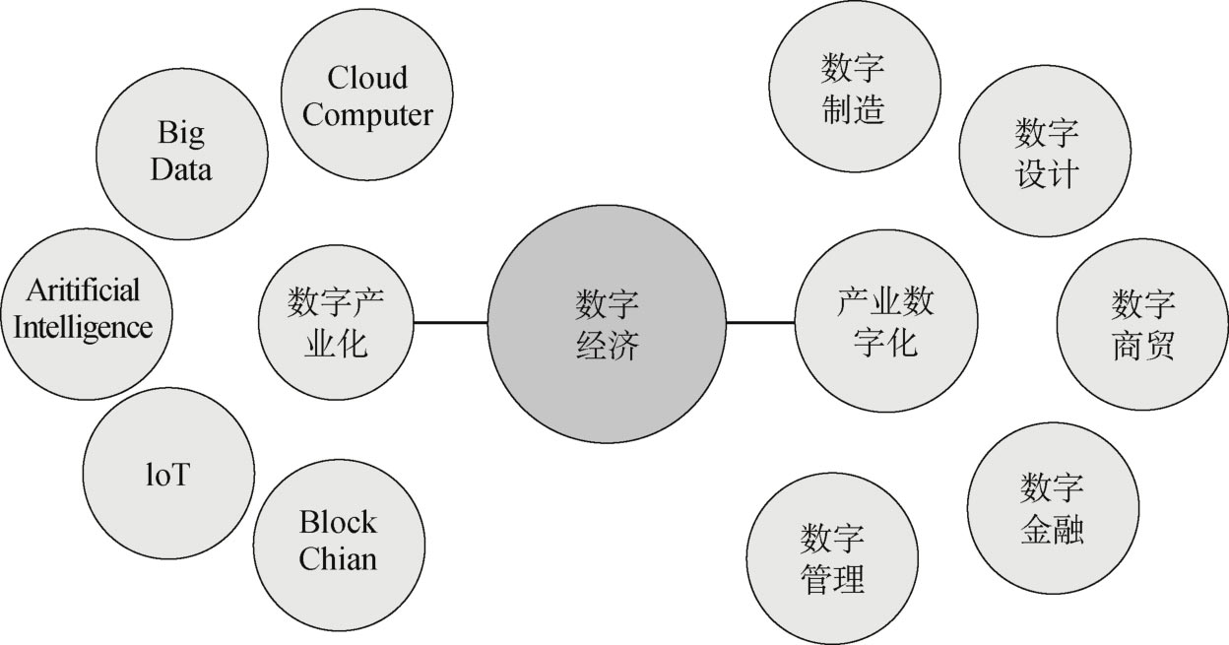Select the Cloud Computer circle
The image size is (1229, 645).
pyautogui.click(x=367, y=97)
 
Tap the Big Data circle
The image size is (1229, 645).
pyautogui.click(x=182, y=153)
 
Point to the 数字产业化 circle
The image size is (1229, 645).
pyautogui.click(x=336, y=323)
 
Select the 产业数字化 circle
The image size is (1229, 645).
pyautogui.click(x=885, y=322)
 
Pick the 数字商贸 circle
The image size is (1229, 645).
pyautogui.click(x=1142, y=325)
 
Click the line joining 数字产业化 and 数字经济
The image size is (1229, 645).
pyautogui.click(x=450, y=322)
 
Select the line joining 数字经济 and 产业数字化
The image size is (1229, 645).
pyautogui.click(x=760, y=322)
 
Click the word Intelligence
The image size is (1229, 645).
pyautogui.click(x=84, y=328)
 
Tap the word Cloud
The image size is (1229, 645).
pyautogui.click(x=367, y=78)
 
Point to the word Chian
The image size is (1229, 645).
pyautogui.click(x=338, y=560)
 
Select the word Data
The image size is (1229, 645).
pyautogui.click(x=181, y=169)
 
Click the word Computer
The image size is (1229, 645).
pyautogui.click(x=367, y=115)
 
